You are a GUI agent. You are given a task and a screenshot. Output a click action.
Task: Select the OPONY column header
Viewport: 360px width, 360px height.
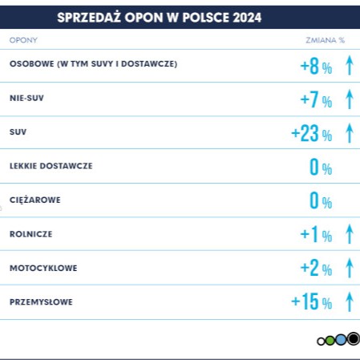[23, 39]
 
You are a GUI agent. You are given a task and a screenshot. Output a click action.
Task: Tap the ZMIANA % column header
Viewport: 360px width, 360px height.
[326, 39]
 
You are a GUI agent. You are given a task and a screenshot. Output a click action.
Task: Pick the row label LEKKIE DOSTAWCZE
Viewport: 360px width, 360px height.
[51, 166]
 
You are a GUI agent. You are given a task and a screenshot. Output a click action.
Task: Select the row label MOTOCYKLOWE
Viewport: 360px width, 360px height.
[43, 268]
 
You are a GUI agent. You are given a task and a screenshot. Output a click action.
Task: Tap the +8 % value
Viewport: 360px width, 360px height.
[315, 66]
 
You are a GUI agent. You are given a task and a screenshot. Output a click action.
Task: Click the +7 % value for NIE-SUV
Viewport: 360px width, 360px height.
[315, 99]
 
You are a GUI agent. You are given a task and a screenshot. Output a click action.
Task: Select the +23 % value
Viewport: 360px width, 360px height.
[311, 133]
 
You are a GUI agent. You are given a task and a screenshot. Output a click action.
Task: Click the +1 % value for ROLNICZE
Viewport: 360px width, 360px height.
[315, 234]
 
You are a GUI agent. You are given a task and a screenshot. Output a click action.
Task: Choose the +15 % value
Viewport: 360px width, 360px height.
[311, 301]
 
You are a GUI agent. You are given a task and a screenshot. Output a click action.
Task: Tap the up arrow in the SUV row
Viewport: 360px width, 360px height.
[349, 132]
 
